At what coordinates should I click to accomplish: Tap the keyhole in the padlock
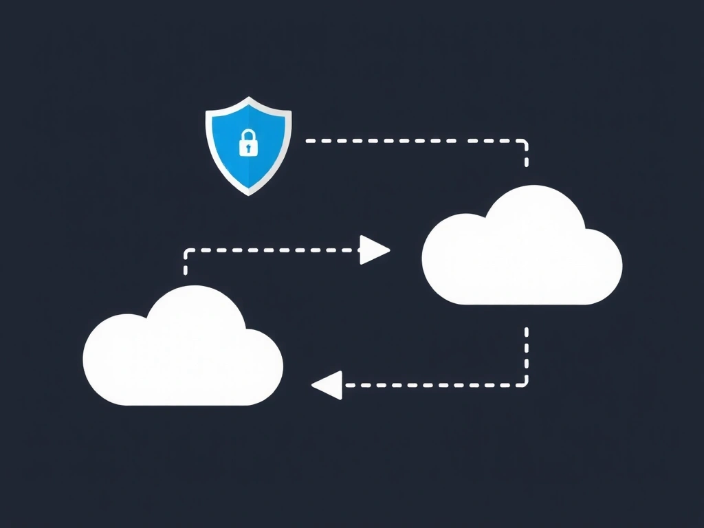point(247,147)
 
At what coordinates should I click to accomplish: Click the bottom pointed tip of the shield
point(248,193)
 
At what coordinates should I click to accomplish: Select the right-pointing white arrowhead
point(374,250)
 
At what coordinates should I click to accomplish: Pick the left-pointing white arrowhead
point(327,385)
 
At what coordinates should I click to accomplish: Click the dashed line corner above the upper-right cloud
point(525,142)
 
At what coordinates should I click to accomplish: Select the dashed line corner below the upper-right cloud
point(525,384)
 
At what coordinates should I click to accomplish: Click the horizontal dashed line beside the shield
point(412,140)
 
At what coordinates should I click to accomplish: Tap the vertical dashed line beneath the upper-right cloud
point(527,351)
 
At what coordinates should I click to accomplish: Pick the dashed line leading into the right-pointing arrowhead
point(275,250)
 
